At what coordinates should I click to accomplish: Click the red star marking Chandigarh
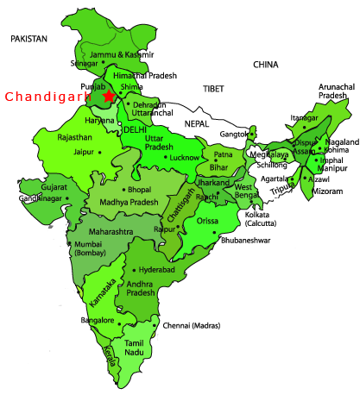click(x=108, y=97)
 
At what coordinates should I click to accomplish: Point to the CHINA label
click(x=266, y=65)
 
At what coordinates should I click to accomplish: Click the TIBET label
click(x=214, y=90)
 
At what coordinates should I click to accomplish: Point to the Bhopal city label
click(x=140, y=190)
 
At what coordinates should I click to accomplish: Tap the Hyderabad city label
click(x=159, y=270)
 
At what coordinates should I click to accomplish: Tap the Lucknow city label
click(x=186, y=159)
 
